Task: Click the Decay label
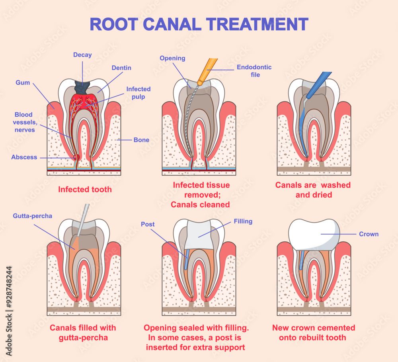[x=82, y=55]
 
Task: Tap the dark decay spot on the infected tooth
[x=83, y=88]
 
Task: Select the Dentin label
[x=121, y=68]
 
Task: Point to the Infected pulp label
[x=138, y=92]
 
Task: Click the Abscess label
[x=24, y=157]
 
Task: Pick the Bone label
[x=141, y=140]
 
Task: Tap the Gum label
[x=23, y=82]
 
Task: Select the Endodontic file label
[x=254, y=70]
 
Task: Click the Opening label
[x=172, y=58]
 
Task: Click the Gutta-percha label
[x=32, y=216]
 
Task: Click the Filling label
[x=243, y=221]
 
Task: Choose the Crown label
[x=369, y=234]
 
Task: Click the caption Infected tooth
[x=85, y=189]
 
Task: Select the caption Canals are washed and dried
[x=313, y=190]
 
